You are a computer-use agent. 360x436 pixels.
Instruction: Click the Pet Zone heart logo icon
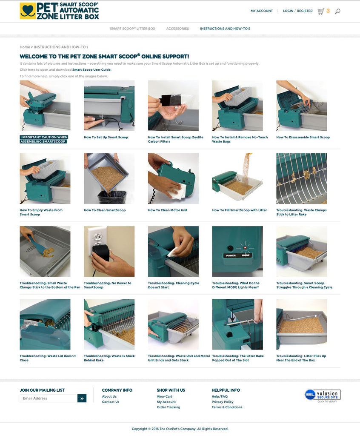[28, 11]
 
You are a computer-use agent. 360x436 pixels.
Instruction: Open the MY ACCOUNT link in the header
[262, 11]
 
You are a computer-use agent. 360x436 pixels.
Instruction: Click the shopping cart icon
[321, 11]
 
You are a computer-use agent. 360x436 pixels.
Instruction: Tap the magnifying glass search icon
[337, 11]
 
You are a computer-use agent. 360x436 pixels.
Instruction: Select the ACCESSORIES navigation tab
[177, 29]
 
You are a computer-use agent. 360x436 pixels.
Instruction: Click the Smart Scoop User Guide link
[92, 70]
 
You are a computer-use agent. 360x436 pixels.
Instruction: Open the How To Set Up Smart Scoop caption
[106, 138]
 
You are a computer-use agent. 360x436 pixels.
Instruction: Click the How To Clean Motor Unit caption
[168, 210]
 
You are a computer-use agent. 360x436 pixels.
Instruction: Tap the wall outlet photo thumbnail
[109, 251]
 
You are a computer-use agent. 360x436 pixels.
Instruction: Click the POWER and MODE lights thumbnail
[237, 251]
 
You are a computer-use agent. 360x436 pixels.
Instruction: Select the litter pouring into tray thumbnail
[237, 178]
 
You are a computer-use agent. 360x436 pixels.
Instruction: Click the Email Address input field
[49, 398]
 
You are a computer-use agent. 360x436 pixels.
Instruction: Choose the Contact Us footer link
[110, 402]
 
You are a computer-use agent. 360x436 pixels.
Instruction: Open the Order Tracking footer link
[169, 407]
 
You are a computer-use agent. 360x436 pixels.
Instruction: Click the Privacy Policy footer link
[223, 402]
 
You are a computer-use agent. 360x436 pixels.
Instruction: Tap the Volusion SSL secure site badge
[323, 395]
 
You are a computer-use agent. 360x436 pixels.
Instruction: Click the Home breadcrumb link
[25, 47]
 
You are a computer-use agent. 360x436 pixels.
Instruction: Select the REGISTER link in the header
[304, 11]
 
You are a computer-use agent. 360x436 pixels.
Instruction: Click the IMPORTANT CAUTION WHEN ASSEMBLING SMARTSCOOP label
[44, 139]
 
